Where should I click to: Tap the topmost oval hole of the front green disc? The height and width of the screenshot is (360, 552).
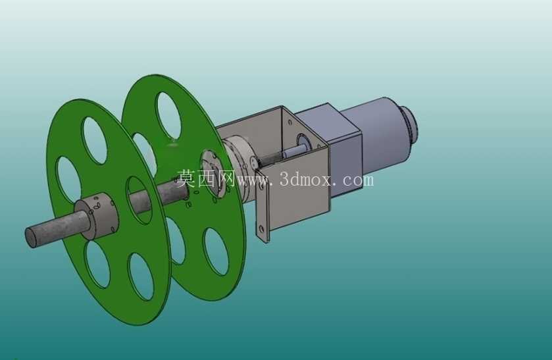(x=94, y=140)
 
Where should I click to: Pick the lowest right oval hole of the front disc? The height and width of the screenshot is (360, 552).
(x=141, y=277)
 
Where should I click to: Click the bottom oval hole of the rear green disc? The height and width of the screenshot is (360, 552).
(x=217, y=251)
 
